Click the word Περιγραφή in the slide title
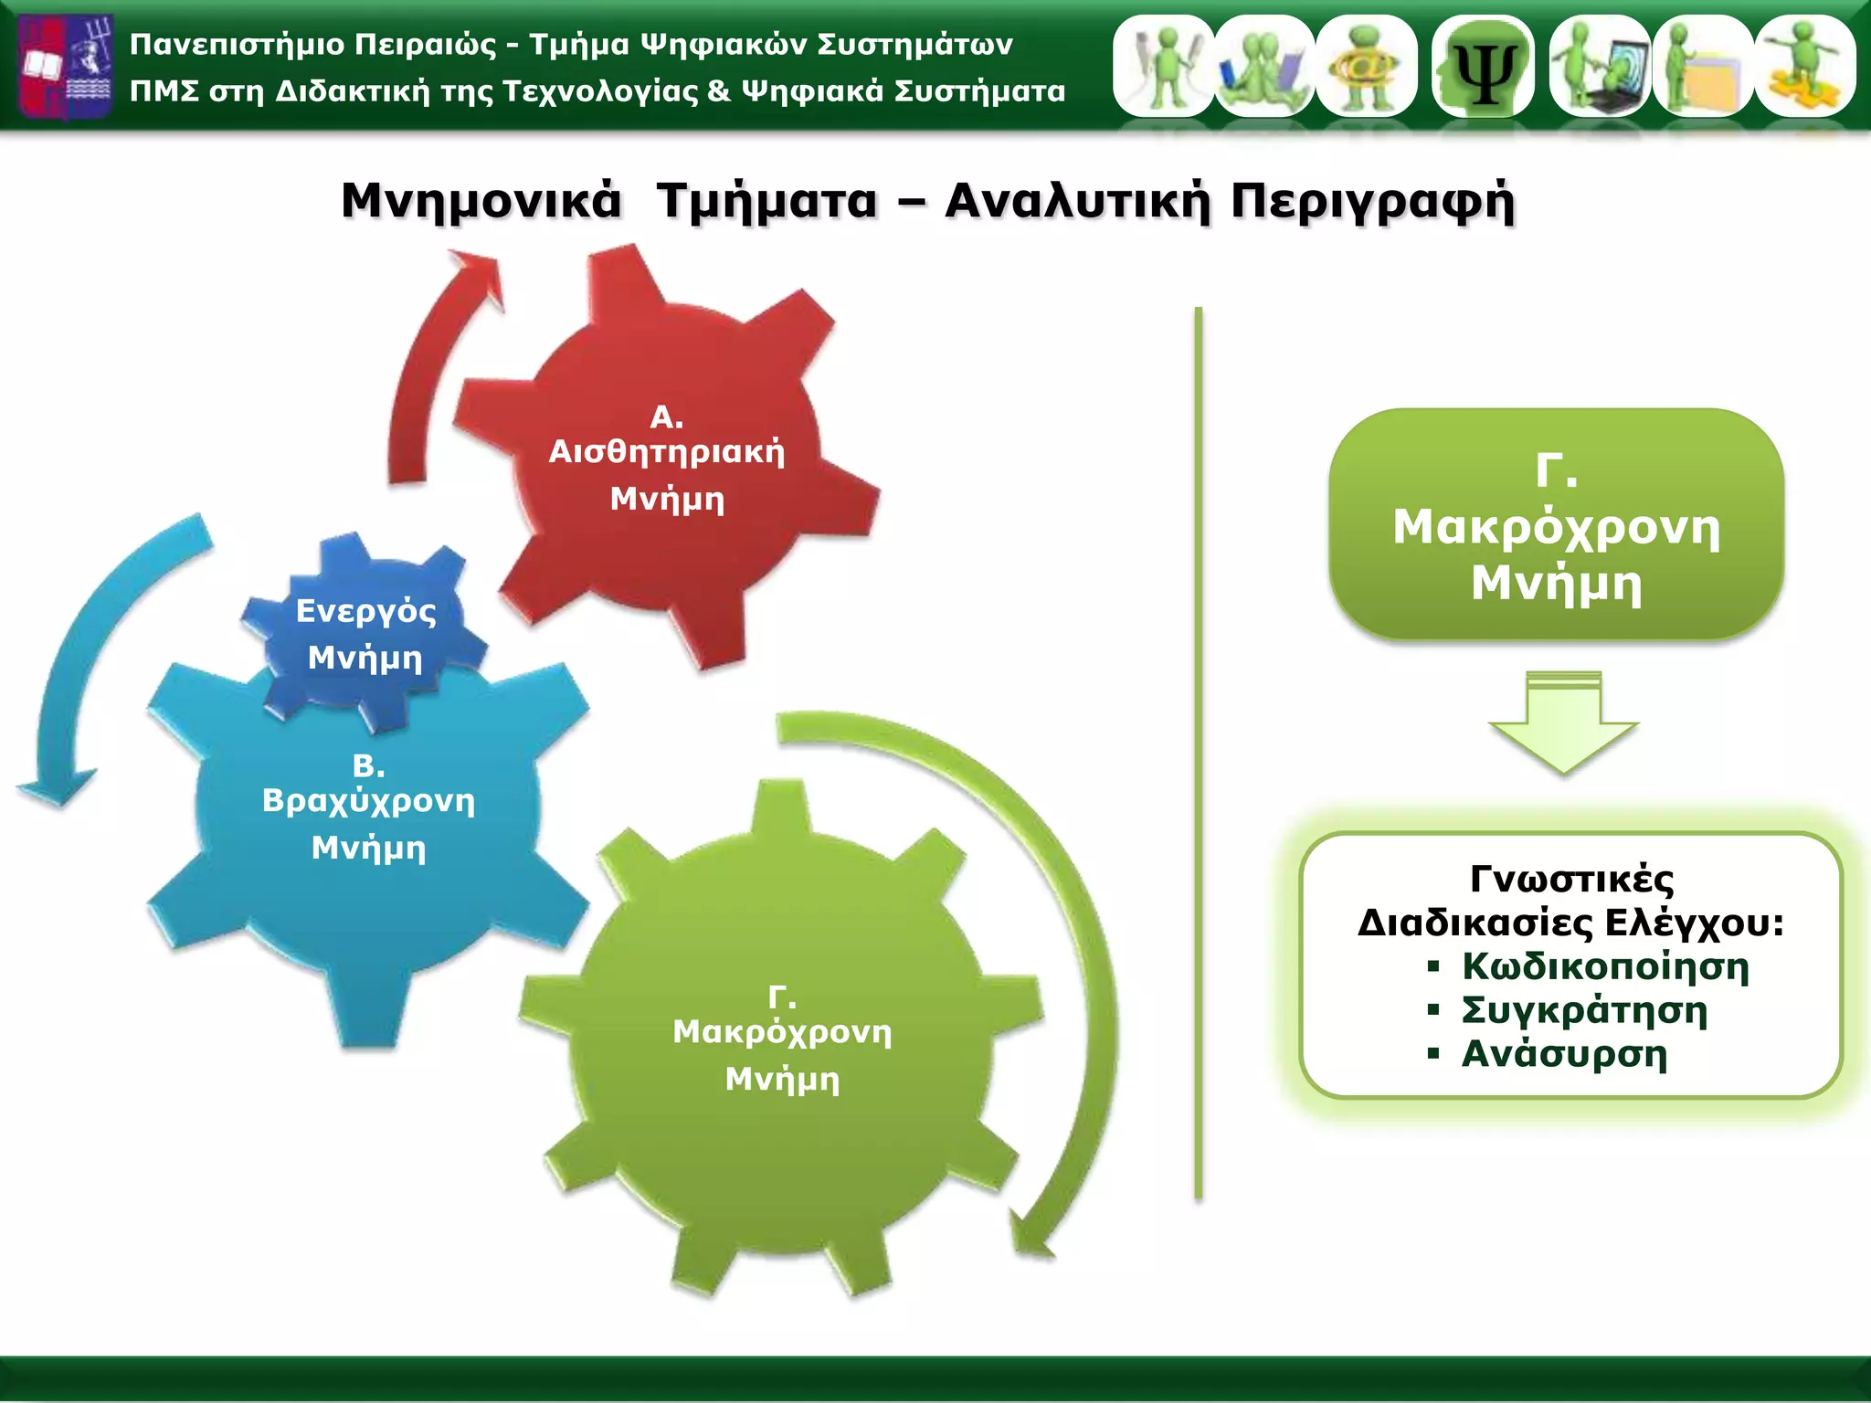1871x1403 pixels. point(1372,201)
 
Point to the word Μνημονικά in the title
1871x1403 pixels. point(481,201)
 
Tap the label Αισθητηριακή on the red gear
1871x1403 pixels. point(666,452)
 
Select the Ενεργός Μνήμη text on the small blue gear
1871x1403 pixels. point(365,634)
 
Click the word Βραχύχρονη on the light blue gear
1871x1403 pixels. point(368,801)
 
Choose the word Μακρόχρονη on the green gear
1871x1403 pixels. point(782,1032)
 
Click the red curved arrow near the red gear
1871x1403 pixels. point(429,365)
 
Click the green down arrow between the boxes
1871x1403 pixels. point(1563,722)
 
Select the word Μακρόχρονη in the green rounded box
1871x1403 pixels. point(1556,528)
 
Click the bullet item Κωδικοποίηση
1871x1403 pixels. point(1605,966)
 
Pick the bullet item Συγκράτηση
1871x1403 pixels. point(1584,1010)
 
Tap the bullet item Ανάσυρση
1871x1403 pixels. point(1564,1054)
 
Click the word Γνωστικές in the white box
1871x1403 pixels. point(1571,879)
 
